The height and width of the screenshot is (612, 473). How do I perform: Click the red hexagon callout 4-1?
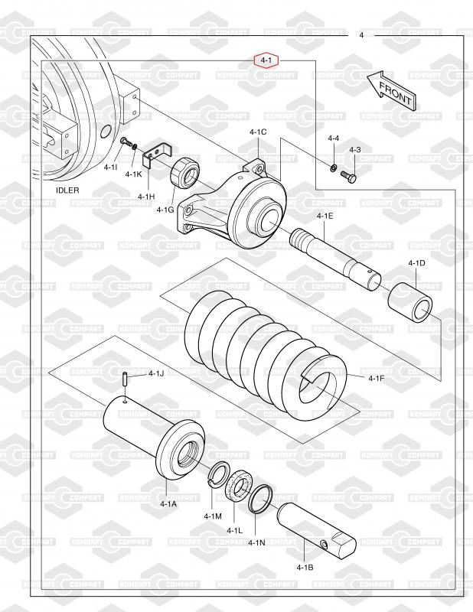tap(267, 60)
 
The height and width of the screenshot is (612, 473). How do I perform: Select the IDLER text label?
tap(67, 190)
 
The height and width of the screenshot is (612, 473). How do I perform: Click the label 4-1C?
tap(258, 132)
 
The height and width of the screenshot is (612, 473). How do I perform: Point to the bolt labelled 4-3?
tap(349, 177)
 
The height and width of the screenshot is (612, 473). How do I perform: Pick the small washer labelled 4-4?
tap(334, 168)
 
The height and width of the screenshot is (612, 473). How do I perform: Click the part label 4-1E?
tap(325, 216)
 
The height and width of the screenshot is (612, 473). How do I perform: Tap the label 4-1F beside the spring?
tap(377, 378)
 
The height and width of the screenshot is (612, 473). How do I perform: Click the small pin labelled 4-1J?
tap(123, 379)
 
